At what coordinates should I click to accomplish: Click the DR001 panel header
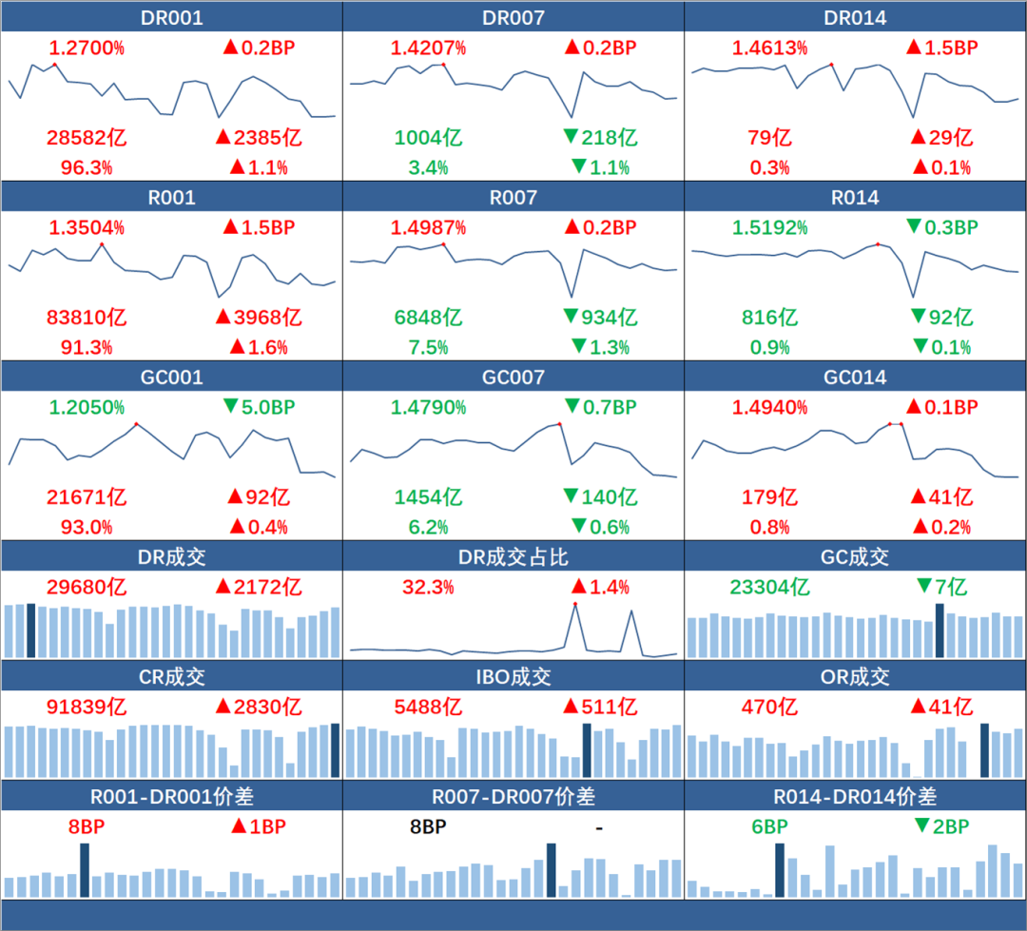(171, 17)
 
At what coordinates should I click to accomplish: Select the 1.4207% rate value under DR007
(428, 48)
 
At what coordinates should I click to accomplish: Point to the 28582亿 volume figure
(87, 138)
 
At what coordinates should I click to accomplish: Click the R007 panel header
(513, 198)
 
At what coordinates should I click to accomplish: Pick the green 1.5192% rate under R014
(770, 228)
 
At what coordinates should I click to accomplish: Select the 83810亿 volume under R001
(87, 318)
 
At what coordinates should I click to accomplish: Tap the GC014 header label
(855, 378)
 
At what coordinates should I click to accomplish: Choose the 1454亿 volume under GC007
(428, 497)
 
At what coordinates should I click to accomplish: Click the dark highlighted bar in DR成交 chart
(31, 630)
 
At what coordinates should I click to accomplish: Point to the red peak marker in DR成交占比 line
(574, 604)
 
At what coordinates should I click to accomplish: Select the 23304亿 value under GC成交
(769, 588)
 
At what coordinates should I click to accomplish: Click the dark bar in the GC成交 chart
(940, 630)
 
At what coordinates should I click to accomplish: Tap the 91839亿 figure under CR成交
(87, 708)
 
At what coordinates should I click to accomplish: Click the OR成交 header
(855, 677)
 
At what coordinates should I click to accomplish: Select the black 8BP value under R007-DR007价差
(428, 827)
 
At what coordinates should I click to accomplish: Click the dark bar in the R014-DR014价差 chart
(781, 870)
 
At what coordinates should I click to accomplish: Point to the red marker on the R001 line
(101, 244)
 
